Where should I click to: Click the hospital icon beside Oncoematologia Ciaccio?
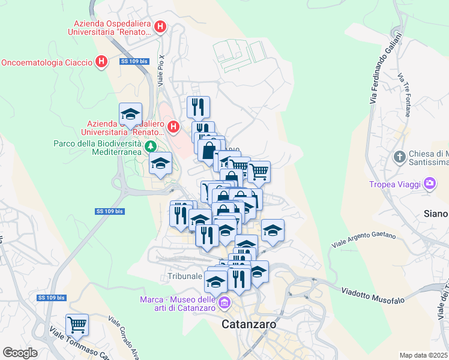point(102,61)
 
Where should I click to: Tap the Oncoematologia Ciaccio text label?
point(47,62)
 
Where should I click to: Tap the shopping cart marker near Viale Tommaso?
point(77,325)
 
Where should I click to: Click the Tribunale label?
point(184,277)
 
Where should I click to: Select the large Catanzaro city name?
point(249,324)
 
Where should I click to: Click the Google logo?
point(20,353)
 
